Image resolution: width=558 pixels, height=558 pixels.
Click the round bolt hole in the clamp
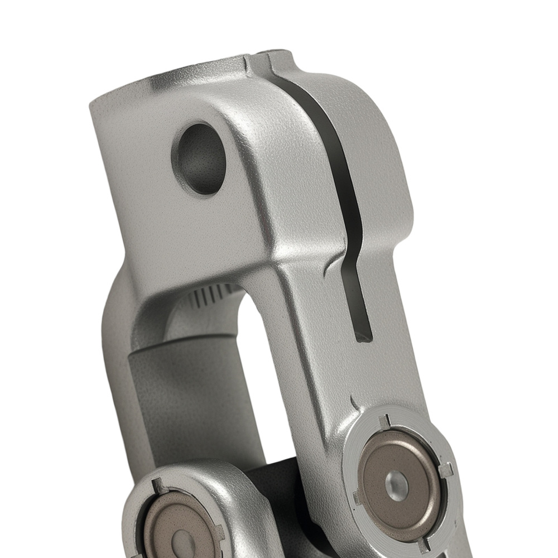(x=199, y=158)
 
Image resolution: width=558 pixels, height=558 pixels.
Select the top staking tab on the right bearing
(x=384, y=421)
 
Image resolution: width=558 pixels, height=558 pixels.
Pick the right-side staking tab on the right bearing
(x=446, y=469)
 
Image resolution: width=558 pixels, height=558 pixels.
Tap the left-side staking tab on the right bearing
(x=356, y=496)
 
